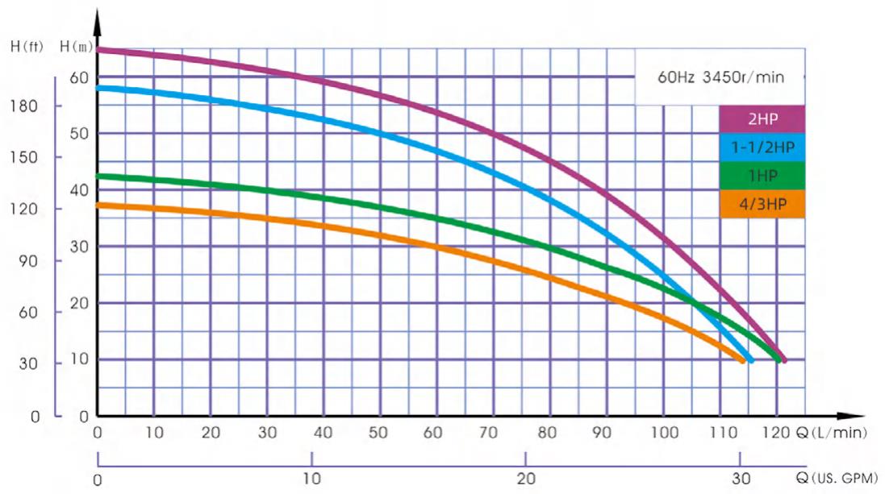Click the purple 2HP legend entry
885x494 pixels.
pyautogui.click(x=762, y=119)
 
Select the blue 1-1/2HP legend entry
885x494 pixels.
pyautogui.click(x=762, y=147)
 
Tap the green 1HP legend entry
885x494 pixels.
pyautogui.click(x=762, y=176)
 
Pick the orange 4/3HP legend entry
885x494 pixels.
pyautogui.click(x=762, y=204)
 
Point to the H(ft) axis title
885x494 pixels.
pyautogui.click(x=27, y=46)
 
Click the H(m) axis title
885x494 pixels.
pyautogui.click(x=77, y=46)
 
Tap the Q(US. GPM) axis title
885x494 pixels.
pyautogui.click(x=839, y=478)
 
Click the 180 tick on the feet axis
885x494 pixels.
pyautogui.click(x=26, y=106)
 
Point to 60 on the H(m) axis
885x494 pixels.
pyautogui.click(x=77, y=77)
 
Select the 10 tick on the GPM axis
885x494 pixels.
pyautogui.click(x=311, y=478)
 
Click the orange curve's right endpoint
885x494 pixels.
pyautogui.click(x=741, y=359)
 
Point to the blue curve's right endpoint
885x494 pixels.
pyautogui.click(x=751, y=359)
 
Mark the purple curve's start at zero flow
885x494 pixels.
pyautogui.click(x=98, y=50)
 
